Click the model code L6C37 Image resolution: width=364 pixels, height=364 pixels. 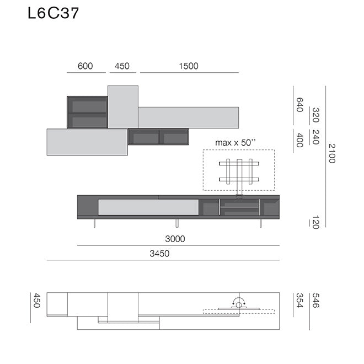(53, 13)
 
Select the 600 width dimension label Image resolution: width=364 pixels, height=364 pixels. (85, 66)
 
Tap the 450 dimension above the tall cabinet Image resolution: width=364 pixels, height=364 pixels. (122, 66)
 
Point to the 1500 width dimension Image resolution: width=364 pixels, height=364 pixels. (188, 66)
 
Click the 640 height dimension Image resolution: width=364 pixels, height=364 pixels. (300, 105)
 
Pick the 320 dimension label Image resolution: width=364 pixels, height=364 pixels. (316, 115)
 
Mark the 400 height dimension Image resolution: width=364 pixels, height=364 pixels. (300, 140)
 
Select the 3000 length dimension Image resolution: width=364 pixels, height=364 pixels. (175, 239)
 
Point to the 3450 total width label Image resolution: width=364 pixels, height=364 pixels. (159, 254)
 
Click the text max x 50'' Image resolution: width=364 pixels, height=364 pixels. (236, 143)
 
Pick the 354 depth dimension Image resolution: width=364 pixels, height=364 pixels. (300, 301)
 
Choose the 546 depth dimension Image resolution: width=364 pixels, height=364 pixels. (316, 301)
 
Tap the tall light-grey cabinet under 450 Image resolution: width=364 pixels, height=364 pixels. (122, 106)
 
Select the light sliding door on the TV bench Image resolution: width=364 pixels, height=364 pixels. (148, 207)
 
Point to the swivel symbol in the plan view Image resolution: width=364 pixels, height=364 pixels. (238, 302)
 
